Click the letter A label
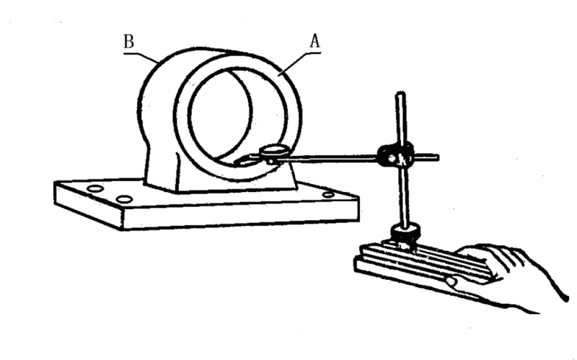(x=314, y=41)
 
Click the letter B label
(x=128, y=42)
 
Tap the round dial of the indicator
(x=273, y=152)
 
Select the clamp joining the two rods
(x=395, y=154)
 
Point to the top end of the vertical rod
(x=398, y=95)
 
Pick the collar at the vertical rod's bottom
(x=403, y=233)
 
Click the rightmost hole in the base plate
(x=328, y=193)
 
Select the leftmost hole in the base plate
(x=92, y=189)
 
